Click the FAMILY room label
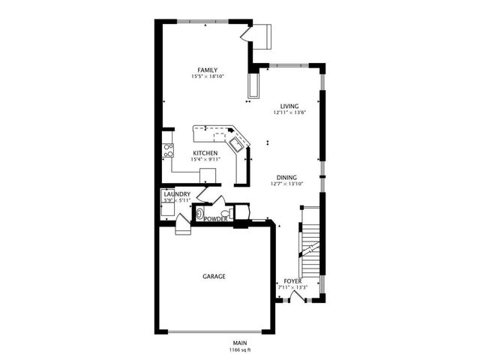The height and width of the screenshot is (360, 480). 208,70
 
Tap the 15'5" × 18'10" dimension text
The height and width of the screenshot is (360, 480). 208,76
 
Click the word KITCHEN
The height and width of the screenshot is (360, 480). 205,153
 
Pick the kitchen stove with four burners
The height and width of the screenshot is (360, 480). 169,149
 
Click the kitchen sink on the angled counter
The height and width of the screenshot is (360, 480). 236,142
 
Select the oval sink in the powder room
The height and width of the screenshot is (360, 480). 199,214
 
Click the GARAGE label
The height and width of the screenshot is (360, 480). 214,276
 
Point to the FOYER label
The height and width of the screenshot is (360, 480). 292,280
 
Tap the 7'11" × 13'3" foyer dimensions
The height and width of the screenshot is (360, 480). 292,287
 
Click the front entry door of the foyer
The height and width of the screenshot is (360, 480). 297,297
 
